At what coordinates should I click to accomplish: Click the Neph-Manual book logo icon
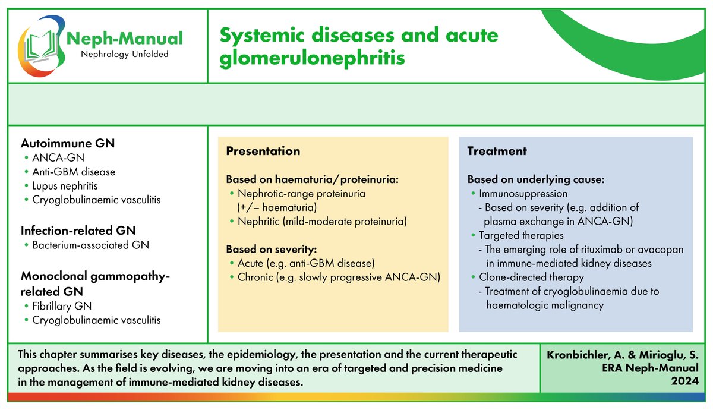(x=41, y=45)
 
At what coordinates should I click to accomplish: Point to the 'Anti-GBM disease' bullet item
(x=74, y=172)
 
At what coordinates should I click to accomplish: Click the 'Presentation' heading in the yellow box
(x=263, y=151)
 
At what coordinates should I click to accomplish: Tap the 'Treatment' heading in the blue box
(x=497, y=151)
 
